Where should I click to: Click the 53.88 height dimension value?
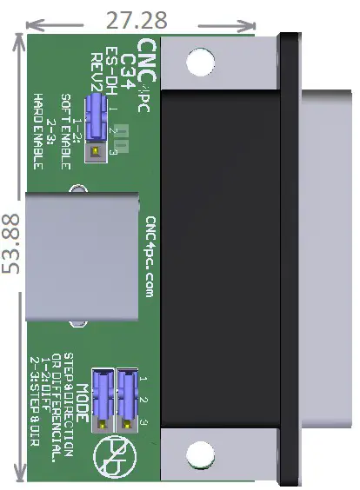pyautogui.click(x=11, y=244)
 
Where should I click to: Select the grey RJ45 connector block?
pyautogui.click(x=80, y=259)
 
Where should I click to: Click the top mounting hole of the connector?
pyautogui.click(x=199, y=61)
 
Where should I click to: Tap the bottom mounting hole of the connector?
pyautogui.click(x=199, y=453)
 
